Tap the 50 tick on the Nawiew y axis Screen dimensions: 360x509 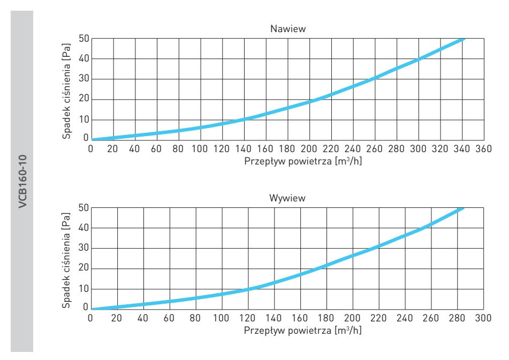tap(83, 39)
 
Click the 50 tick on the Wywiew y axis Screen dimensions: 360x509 tap(83, 208)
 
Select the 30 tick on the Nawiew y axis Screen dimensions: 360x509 tap(83, 79)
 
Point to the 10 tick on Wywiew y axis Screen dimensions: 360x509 tap(83, 289)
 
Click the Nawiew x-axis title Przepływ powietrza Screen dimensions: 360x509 tap(303, 161)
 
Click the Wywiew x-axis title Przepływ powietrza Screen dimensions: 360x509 tap(303, 330)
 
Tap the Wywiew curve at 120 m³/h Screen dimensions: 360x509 tap(247, 289)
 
